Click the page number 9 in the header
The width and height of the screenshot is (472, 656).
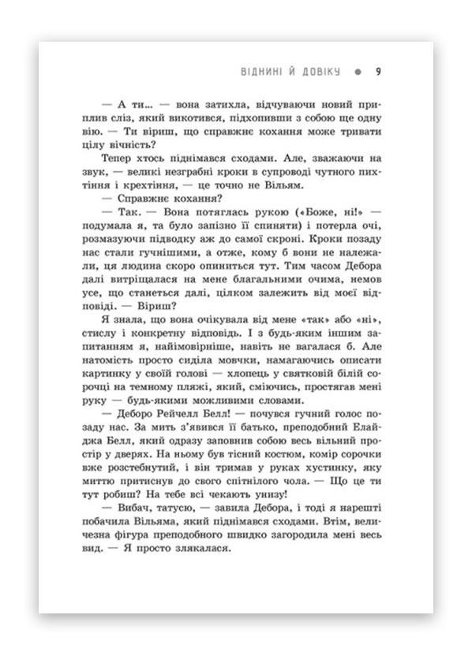click(x=379, y=72)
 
